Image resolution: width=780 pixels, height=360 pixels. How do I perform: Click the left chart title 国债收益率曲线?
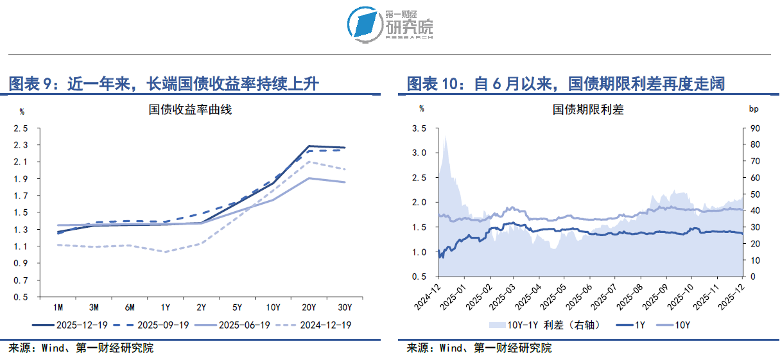click(190, 110)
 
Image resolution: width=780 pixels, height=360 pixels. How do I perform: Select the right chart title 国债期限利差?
click(588, 110)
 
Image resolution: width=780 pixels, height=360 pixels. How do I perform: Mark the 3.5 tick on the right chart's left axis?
click(419, 128)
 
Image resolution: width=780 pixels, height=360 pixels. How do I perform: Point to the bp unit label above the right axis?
click(754, 110)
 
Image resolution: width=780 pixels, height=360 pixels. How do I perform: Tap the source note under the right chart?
click(479, 348)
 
